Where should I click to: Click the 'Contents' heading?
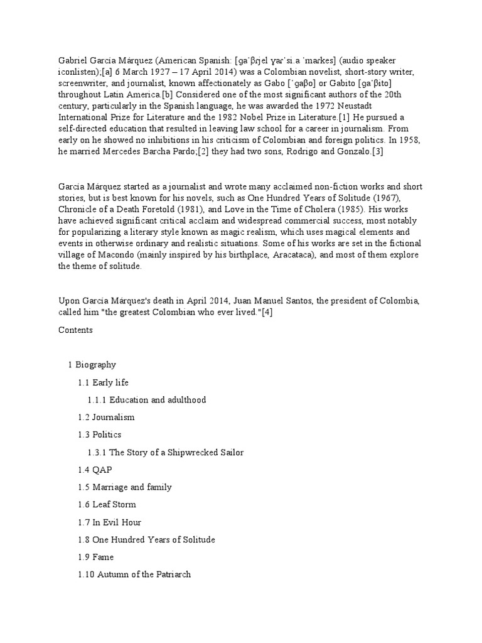coord(75,330)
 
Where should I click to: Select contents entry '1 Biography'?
coord(92,365)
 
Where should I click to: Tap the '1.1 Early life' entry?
coord(103,382)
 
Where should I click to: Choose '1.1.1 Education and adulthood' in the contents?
coord(146,400)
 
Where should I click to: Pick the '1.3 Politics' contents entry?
coord(99,435)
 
